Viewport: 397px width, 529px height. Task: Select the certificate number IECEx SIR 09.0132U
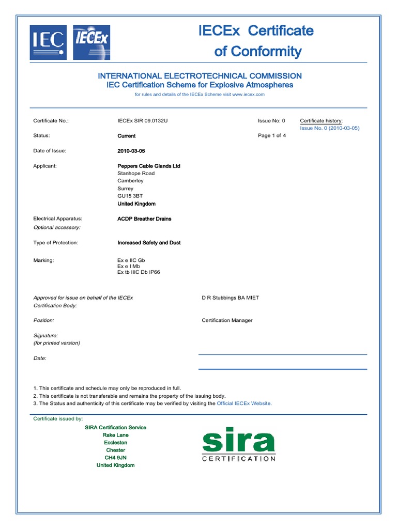pos(143,121)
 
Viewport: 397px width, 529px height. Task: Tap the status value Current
pos(127,136)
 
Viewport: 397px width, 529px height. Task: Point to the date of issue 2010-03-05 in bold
pos(132,151)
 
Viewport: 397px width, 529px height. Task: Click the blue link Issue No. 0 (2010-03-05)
pos(329,128)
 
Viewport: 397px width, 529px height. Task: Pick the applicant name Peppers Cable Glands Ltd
pos(149,166)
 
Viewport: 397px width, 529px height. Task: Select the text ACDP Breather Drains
pos(144,219)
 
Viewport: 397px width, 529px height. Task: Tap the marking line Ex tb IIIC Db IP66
pos(139,272)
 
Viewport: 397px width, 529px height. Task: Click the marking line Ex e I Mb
pos(129,266)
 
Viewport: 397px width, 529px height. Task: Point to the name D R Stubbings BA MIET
pos(230,298)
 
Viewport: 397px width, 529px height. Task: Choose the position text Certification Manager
pos(227,320)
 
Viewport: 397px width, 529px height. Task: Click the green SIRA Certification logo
pos(238,444)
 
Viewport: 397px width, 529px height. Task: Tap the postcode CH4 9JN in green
pos(115,458)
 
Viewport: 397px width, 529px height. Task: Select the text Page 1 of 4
pos(272,136)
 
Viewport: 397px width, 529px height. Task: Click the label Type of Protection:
pos(56,242)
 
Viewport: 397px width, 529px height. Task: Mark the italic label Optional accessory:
pos(57,227)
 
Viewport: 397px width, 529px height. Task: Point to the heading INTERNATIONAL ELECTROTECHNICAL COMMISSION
pos(200,76)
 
